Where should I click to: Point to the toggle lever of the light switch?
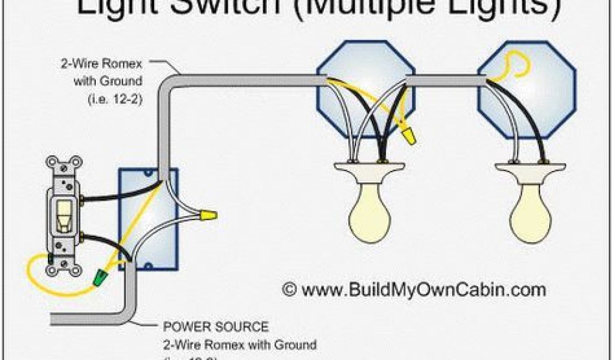(62, 214)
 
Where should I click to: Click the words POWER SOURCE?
(216, 327)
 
